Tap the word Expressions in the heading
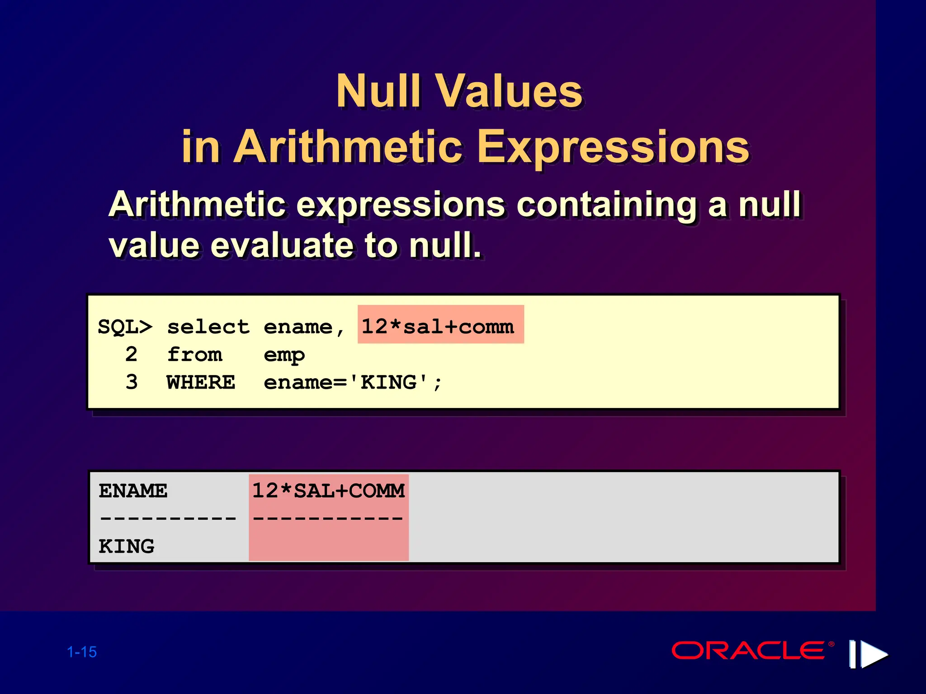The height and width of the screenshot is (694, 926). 614,147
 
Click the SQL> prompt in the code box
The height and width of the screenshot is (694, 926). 125,327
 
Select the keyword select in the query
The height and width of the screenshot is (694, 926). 208,327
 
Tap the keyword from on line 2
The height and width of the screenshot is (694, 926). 194,355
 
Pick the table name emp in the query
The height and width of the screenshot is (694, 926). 284,355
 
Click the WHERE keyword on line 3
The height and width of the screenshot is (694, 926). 201,382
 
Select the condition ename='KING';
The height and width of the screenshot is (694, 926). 353,383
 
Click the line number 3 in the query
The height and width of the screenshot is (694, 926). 132,382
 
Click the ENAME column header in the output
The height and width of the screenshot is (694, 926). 133,491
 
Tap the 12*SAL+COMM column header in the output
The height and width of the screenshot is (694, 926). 329,491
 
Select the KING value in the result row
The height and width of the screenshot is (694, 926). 127,546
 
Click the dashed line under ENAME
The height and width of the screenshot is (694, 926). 168,518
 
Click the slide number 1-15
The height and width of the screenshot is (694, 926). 82,652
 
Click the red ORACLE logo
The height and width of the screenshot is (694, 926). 748,651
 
